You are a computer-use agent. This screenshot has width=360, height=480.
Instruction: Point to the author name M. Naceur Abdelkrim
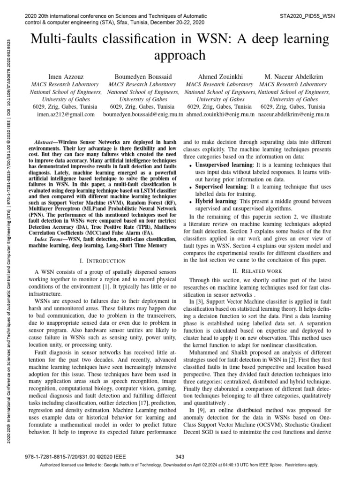(293, 76)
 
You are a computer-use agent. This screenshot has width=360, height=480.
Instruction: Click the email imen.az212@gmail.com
(65, 114)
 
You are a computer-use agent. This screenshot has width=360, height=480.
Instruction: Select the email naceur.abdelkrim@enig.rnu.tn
(293, 114)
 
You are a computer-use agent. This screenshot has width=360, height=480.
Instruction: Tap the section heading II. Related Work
(257, 271)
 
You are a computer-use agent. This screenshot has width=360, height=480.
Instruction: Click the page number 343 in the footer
(180, 457)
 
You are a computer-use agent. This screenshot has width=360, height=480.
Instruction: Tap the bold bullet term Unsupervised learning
(223, 165)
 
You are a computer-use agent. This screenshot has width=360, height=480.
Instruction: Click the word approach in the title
(180, 55)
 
